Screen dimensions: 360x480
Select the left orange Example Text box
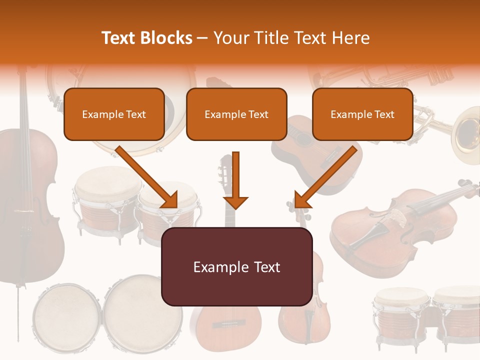click(x=114, y=114)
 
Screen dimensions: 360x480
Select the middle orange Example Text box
click(x=236, y=114)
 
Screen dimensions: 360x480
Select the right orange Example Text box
click(x=362, y=114)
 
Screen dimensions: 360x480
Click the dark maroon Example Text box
click(x=236, y=267)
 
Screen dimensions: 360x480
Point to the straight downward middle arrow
click(x=235, y=180)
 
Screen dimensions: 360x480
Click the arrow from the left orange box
click(x=147, y=177)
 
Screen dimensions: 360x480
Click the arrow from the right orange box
click(x=325, y=177)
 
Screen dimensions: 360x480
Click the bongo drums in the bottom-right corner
click(x=427, y=315)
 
